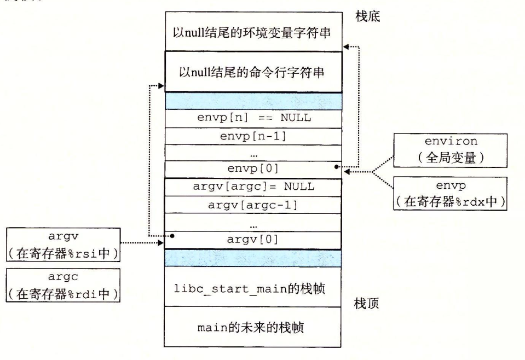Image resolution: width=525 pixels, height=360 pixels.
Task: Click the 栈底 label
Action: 368,17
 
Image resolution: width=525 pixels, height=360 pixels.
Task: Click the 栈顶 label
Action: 367,304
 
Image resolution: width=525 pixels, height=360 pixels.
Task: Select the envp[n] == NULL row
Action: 253,118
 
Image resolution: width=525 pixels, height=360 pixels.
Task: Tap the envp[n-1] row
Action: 253,135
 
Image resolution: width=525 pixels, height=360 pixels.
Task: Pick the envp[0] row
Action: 253,169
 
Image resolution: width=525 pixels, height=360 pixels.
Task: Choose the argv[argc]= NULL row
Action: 253,187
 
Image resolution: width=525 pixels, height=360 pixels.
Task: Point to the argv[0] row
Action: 253,239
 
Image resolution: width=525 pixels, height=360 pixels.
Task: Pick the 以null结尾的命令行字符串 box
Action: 253,72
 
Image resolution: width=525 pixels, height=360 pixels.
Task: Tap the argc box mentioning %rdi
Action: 63,285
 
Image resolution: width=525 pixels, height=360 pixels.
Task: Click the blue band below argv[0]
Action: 253,257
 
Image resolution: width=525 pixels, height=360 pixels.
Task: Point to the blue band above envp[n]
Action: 253,101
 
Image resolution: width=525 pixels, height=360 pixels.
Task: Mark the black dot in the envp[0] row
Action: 336,166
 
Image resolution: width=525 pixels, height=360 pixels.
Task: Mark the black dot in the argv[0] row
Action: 172,236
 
